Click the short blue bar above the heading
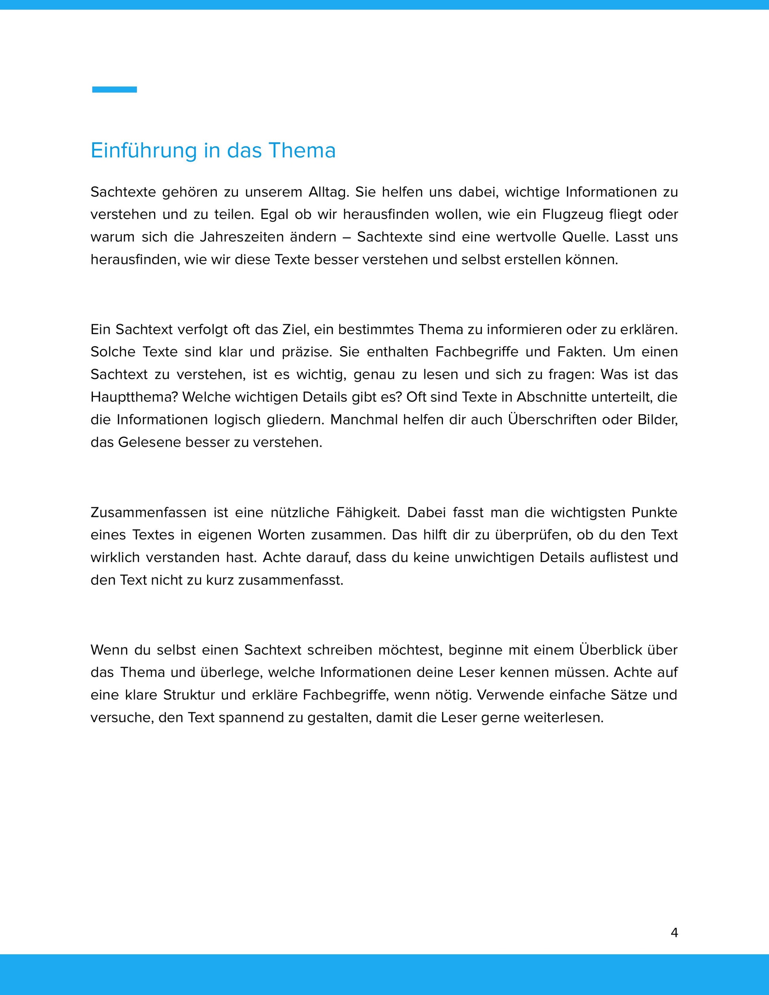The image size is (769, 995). click(114, 90)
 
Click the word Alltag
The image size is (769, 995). click(328, 192)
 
